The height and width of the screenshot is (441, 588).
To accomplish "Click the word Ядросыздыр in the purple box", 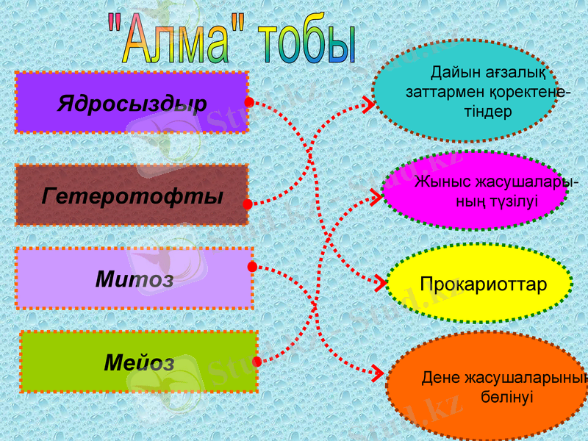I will [132, 103].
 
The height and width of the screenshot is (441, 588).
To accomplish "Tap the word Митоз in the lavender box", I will [135, 279].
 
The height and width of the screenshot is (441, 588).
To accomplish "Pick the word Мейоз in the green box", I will [139, 362].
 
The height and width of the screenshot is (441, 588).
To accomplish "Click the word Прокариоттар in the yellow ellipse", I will [484, 284].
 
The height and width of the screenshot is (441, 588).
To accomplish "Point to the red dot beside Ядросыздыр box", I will [249, 102].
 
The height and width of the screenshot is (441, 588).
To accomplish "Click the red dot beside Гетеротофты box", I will [248, 204].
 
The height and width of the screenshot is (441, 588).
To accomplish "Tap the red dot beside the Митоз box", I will [252, 266].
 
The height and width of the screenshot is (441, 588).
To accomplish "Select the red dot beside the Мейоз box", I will [257, 362].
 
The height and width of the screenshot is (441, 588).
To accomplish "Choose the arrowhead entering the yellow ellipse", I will [379, 282].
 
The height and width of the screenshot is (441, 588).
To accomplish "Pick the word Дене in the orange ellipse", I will [441, 379].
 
